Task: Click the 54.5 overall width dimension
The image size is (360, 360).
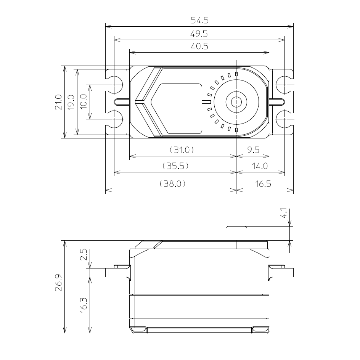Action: tap(199, 20)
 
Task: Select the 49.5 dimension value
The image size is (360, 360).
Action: tap(199, 34)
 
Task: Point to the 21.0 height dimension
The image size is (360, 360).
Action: tap(58, 102)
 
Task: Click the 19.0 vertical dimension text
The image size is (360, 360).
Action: tap(71, 102)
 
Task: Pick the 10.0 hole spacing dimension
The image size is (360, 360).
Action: tap(84, 102)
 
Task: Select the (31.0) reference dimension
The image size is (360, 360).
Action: tap(182, 150)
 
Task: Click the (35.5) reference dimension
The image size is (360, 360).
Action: tap(175, 166)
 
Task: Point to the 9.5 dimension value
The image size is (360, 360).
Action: tap(253, 150)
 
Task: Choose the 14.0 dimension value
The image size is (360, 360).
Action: tap(260, 166)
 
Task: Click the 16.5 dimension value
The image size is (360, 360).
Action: tap(263, 183)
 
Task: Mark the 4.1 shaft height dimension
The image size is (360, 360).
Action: tap(284, 214)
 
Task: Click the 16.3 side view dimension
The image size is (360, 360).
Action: tap(84, 305)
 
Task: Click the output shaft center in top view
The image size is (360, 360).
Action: tap(236, 102)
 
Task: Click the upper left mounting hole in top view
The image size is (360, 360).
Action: tap(114, 84)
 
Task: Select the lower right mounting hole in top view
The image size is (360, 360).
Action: tap(284, 119)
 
